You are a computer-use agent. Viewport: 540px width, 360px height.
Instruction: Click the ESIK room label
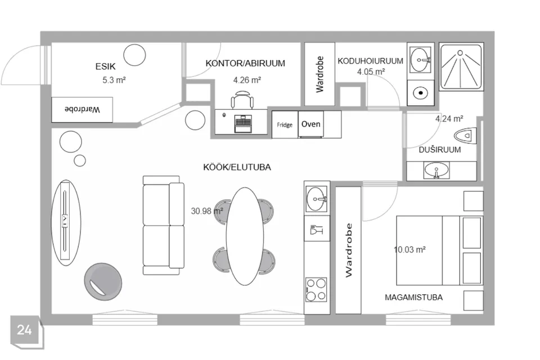click(105, 66)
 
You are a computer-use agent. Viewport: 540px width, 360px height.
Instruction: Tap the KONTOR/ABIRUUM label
click(245, 64)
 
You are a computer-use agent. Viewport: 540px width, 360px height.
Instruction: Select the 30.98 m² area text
click(207, 210)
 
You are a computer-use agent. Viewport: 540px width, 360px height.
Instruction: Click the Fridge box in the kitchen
click(285, 125)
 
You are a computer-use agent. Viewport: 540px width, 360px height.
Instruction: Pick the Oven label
click(310, 124)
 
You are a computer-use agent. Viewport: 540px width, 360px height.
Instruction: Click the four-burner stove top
click(316, 290)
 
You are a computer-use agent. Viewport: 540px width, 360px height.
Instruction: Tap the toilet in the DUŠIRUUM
click(465, 136)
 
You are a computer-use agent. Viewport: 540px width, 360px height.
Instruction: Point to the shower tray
click(461, 66)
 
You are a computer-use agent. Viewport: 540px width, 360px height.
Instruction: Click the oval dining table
click(245, 236)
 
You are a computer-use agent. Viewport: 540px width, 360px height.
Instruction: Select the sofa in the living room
click(164, 226)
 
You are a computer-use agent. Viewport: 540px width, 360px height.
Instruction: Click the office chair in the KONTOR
click(242, 100)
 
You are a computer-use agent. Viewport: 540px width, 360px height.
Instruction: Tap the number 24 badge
click(24, 330)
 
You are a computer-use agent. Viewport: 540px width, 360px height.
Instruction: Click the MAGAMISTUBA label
click(413, 298)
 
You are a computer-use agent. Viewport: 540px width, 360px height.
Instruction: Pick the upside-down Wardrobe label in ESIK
click(82, 110)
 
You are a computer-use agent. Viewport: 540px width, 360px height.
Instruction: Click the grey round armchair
click(103, 282)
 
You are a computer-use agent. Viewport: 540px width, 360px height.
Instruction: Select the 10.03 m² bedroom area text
click(409, 249)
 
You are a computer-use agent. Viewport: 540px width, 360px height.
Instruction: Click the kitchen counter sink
click(316, 199)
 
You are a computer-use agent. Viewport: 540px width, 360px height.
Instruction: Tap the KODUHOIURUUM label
click(370, 61)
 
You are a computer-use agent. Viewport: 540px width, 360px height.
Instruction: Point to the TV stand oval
click(66, 223)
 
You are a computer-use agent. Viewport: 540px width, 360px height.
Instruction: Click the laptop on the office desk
click(243, 124)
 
